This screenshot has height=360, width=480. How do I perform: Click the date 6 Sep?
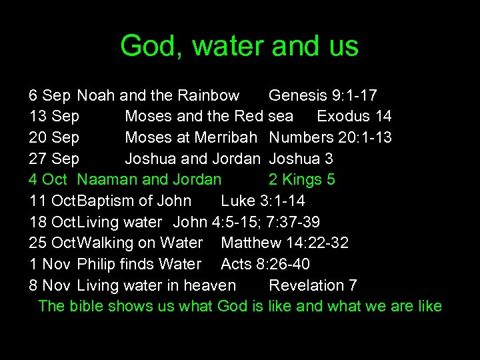50,95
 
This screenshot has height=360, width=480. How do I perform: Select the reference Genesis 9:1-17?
323,95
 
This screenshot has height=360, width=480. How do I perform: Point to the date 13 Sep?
54,116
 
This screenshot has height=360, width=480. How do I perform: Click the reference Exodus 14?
354,116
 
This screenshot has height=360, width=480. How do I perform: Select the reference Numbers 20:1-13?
330,137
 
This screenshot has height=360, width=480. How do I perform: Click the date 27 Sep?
54,159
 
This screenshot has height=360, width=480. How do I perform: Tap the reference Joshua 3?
301,159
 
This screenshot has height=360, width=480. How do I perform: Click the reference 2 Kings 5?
301,179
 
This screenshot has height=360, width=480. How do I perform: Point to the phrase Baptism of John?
135,201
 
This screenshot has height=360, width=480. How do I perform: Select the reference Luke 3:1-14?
263,201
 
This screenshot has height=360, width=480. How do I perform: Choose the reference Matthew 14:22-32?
285,243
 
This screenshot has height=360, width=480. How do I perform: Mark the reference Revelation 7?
313,285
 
